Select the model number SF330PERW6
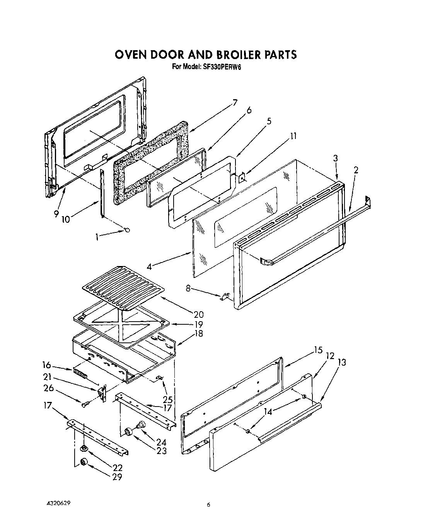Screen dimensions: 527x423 [x=219, y=66]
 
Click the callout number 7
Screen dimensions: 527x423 [x=235, y=102]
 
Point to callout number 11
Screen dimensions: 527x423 [x=293, y=136]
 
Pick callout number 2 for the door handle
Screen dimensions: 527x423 [x=355, y=170]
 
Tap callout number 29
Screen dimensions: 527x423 [x=117, y=477]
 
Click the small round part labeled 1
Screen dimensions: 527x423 [x=127, y=230]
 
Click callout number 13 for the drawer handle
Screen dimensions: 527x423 [x=341, y=362]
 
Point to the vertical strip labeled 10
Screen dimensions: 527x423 [x=102, y=193]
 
